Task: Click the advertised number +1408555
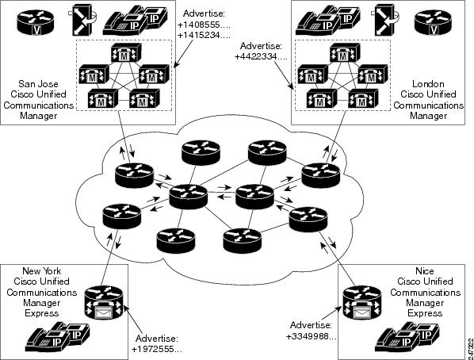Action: coord(204,25)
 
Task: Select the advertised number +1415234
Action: coord(204,36)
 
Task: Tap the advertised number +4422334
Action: coord(261,56)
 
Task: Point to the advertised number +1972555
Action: coord(157,350)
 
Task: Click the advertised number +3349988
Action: coord(312,336)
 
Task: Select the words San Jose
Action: coord(38,84)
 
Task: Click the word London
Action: coord(428,84)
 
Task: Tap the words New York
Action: coord(42,270)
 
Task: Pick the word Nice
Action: coord(425,270)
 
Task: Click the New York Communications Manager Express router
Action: coord(103,303)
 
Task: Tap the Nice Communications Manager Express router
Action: coord(362,303)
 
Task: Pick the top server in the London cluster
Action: coord(344,53)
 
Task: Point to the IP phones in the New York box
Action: coord(61,336)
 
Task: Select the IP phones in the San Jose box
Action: coord(135,21)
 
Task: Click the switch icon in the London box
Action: coord(384,20)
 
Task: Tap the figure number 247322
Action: coord(470,348)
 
